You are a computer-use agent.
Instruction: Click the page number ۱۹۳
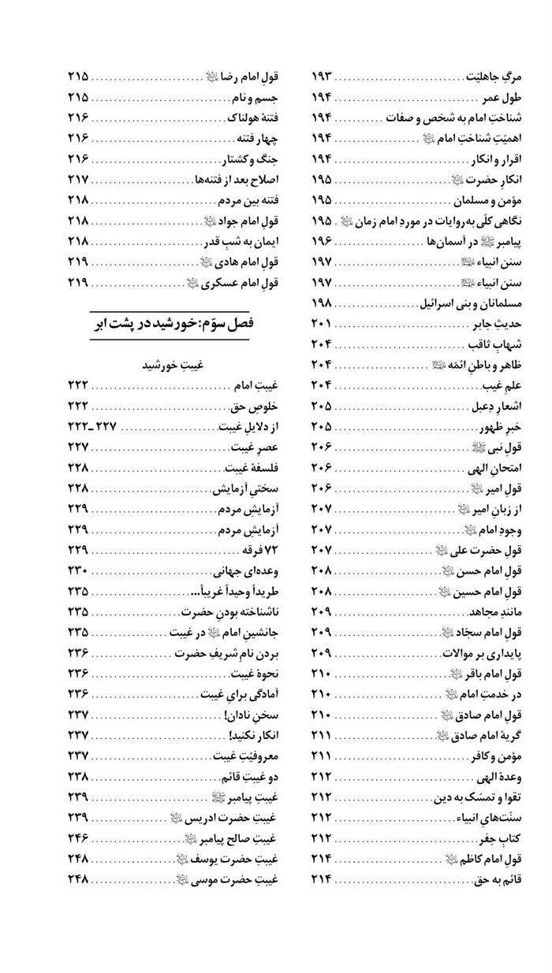(323, 77)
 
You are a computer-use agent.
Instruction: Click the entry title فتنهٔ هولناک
(245, 118)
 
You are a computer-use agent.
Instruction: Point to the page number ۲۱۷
(78, 180)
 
